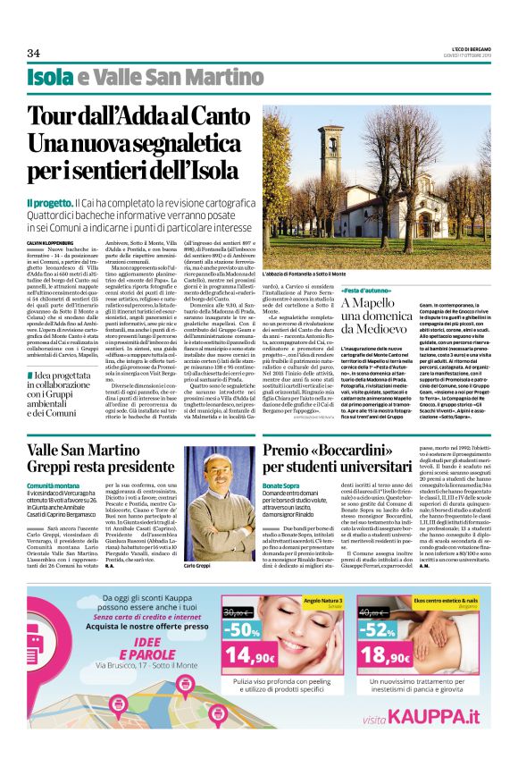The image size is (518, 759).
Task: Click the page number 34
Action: pos(35,53)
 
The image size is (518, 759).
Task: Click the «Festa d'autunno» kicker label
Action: pos(366,291)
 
